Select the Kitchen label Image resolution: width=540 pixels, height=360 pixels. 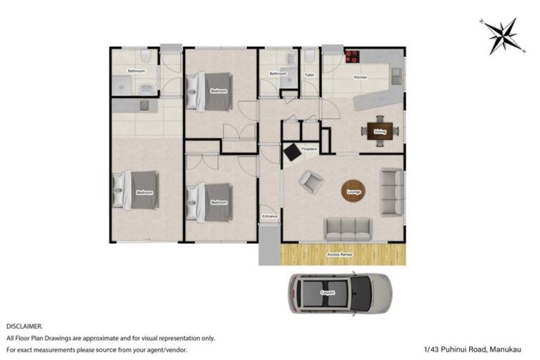pos(360,77)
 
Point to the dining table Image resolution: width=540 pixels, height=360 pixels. pos(380,131)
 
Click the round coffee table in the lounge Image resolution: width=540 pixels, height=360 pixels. pos(354,191)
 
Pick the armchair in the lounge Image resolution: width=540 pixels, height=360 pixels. pos(310,181)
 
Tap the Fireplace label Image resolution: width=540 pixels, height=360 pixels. pos(309,150)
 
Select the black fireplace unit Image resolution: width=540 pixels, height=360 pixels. pos(291,151)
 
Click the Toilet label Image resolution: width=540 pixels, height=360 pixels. pos(309,74)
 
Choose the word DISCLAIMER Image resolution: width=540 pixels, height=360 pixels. pos(25,327)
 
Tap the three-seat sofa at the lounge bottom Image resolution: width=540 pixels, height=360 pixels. pos(347,228)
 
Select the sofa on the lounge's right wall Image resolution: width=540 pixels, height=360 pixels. pos(392,191)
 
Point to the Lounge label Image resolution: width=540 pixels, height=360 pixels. pos(354,191)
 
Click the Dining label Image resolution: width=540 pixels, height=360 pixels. pos(380,131)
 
